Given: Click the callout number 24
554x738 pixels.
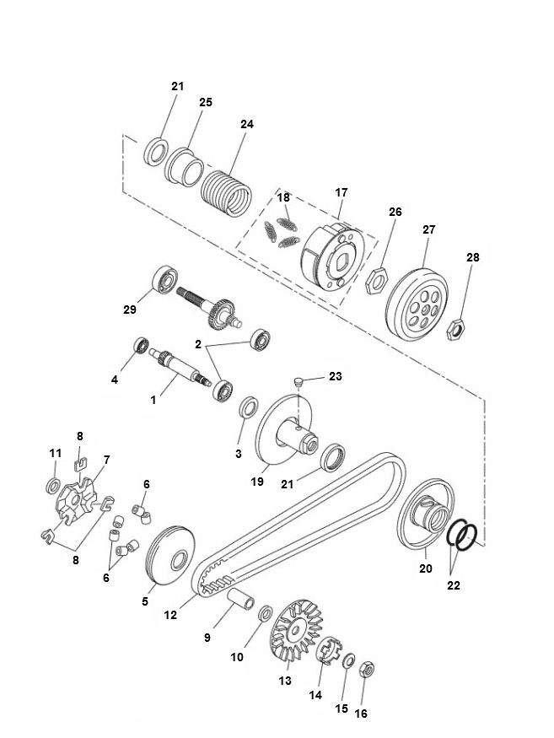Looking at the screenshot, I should (x=246, y=124).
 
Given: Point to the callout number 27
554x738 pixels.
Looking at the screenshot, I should (x=428, y=229).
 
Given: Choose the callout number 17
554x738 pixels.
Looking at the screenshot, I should (x=341, y=193).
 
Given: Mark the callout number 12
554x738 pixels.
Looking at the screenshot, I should (x=169, y=615).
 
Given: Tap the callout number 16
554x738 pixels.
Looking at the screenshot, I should (x=362, y=713).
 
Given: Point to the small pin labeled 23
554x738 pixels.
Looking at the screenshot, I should (x=298, y=384).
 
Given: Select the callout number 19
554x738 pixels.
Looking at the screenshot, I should (x=257, y=481).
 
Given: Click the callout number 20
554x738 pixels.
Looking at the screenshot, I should (x=425, y=568).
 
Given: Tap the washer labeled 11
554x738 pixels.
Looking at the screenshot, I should (x=51, y=487).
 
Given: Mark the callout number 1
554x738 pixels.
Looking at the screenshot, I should (x=153, y=401).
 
